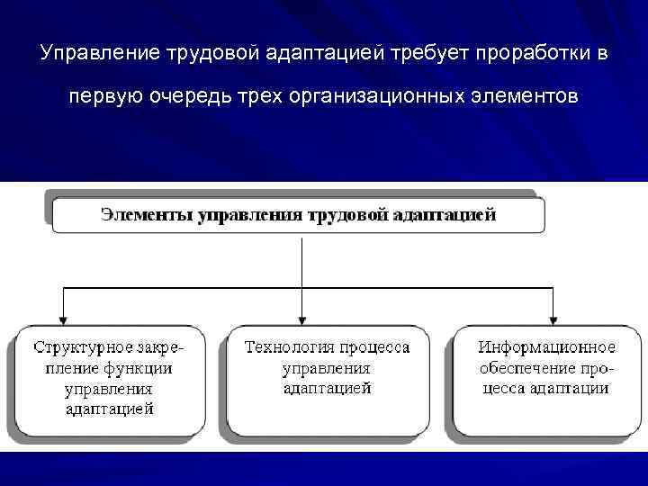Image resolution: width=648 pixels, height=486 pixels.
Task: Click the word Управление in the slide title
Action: [99, 54]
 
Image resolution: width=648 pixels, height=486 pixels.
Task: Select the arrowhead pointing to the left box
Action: [61, 319]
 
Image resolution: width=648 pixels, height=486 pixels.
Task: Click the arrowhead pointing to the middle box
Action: [301, 319]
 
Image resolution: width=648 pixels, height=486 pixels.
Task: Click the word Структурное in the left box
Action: [84, 347]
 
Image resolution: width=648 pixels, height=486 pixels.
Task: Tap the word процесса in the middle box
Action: [376, 347]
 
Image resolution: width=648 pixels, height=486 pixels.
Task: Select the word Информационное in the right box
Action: [546, 347]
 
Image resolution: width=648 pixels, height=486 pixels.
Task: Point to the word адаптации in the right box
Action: [569, 389]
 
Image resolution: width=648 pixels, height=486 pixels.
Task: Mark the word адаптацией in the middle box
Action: [327, 389]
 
